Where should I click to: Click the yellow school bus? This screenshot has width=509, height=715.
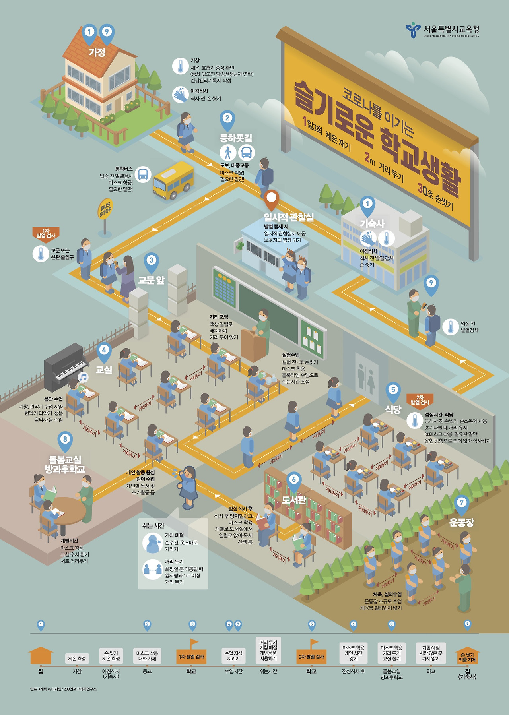(x=173, y=181)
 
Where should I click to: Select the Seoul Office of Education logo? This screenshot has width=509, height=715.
(x=413, y=30)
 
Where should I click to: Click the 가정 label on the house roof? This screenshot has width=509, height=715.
(x=97, y=52)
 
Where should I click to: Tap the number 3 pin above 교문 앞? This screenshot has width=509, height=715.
(x=151, y=261)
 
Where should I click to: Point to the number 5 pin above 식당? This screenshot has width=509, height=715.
(x=393, y=390)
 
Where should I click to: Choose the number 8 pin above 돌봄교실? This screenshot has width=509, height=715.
(x=65, y=440)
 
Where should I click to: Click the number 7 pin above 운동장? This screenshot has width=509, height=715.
(x=461, y=503)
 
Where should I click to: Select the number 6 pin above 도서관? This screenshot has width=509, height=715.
(x=294, y=480)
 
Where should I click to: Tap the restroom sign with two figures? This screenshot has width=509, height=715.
(x=367, y=376)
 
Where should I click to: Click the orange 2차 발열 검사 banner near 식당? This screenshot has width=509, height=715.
(x=420, y=400)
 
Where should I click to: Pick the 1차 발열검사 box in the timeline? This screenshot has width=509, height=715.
(x=191, y=657)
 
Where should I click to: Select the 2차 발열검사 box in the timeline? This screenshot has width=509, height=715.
(x=311, y=657)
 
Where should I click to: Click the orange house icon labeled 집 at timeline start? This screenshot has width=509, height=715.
(x=41, y=655)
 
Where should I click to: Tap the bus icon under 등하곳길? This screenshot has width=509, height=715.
(x=247, y=152)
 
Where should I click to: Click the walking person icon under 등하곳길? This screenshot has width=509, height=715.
(x=228, y=152)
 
